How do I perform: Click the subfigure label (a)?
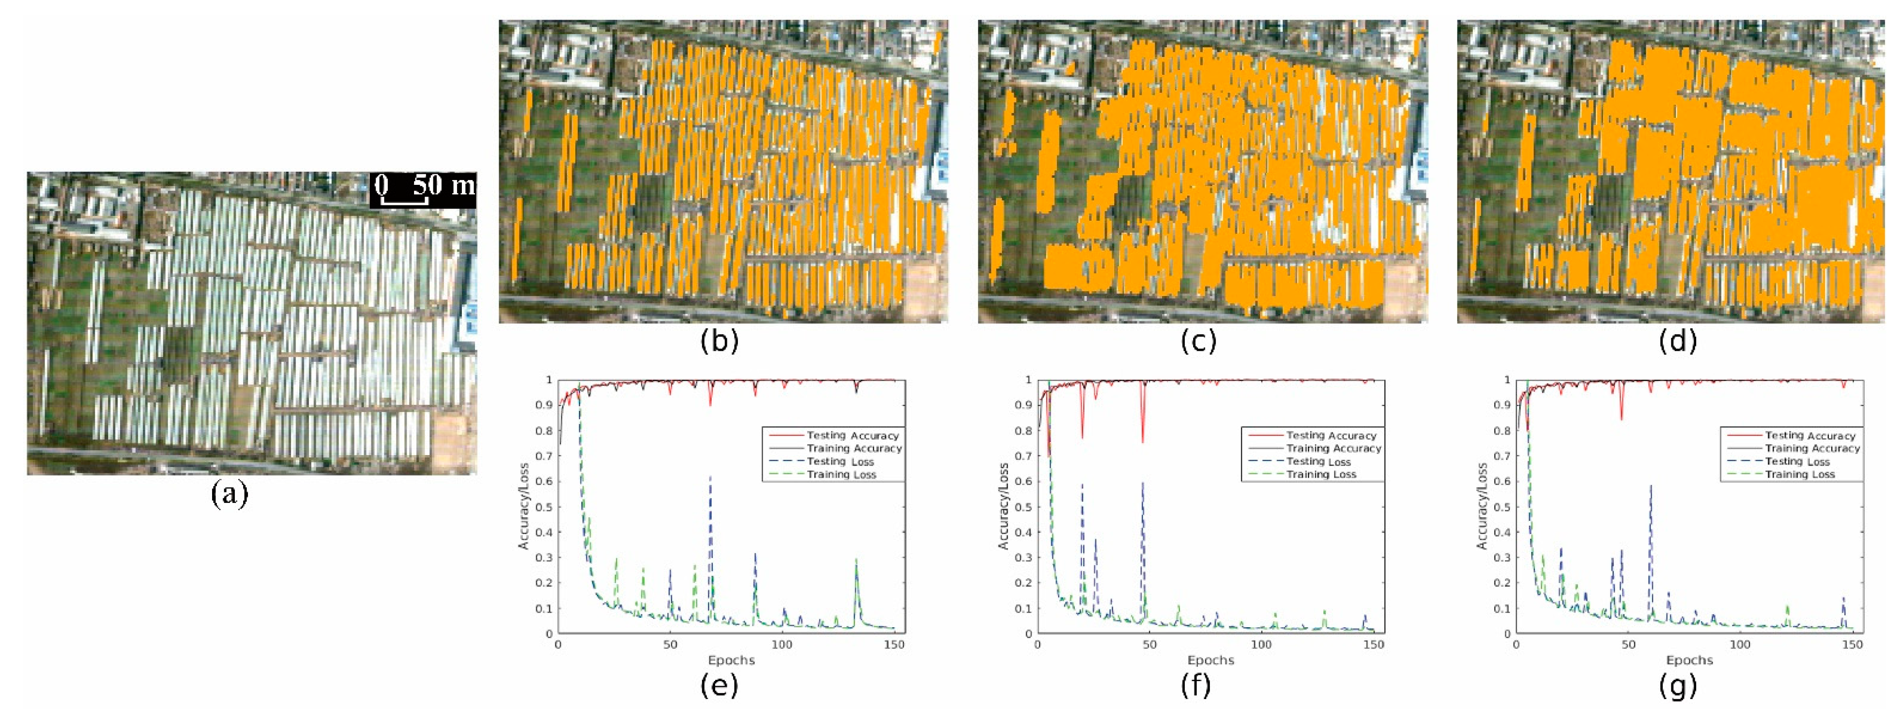click(x=230, y=494)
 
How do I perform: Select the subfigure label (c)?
click(x=1198, y=341)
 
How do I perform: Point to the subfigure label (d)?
click(x=1678, y=341)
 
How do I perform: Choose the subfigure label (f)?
click(x=1198, y=685)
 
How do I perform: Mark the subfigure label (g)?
click(x=1678, y=685)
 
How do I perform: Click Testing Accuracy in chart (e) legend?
click(x=852, y=436)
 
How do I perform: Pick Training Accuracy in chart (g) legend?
click(x=1812, y=448)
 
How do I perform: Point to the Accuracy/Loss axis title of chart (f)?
click(x=1003, y=506)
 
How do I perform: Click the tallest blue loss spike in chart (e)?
click(x=710, y=478)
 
